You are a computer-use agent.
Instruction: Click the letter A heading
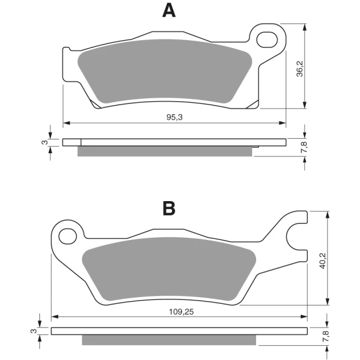[169, 11]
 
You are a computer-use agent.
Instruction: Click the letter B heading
[169, 208]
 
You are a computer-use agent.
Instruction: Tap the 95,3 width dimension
[174, 117]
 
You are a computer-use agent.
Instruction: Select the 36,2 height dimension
[300, 69]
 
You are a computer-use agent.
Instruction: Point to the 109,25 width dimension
[181, 312]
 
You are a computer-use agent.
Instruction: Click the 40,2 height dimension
[323, 261]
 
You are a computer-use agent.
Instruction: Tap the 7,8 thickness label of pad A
[304, 147]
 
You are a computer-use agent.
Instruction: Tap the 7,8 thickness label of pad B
[326, 337]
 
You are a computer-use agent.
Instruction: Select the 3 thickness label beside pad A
[45, 142]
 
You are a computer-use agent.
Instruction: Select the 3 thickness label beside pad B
[34, 331]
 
